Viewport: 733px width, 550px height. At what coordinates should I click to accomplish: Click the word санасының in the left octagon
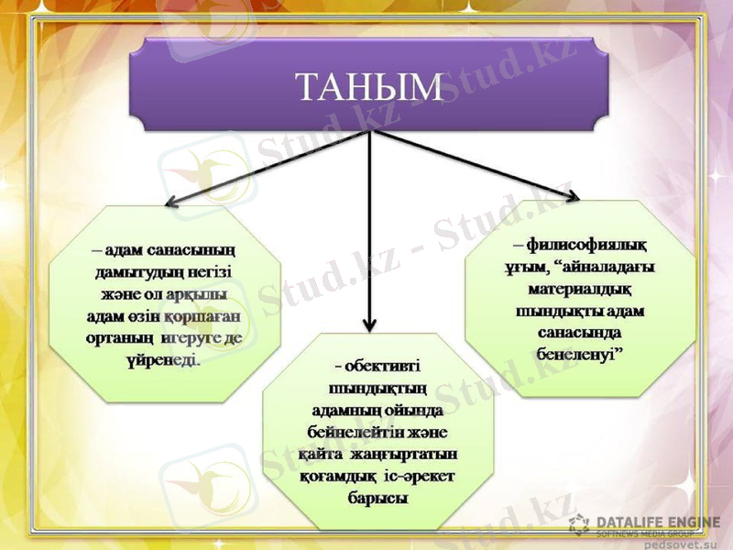[x=187, y=249]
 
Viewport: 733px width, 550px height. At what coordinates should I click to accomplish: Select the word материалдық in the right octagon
[x=581, y=289]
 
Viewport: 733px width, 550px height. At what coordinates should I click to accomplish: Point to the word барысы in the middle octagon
[x=377, y=499]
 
